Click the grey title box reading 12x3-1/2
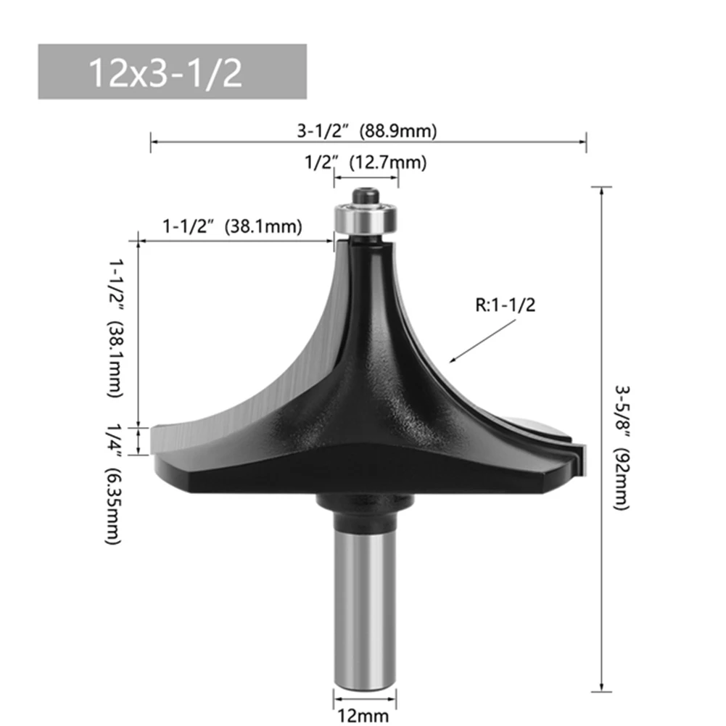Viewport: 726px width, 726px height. (x=172, y=72)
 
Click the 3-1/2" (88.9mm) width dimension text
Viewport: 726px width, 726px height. (x=367, y=131)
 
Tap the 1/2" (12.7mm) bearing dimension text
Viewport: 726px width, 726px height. (x=366, y=162)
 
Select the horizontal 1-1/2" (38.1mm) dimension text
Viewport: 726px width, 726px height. (x=231, y=226)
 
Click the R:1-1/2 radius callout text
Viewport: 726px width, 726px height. (x=505, y=305)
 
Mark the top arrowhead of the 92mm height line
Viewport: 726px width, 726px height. (x=601, y=190)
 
